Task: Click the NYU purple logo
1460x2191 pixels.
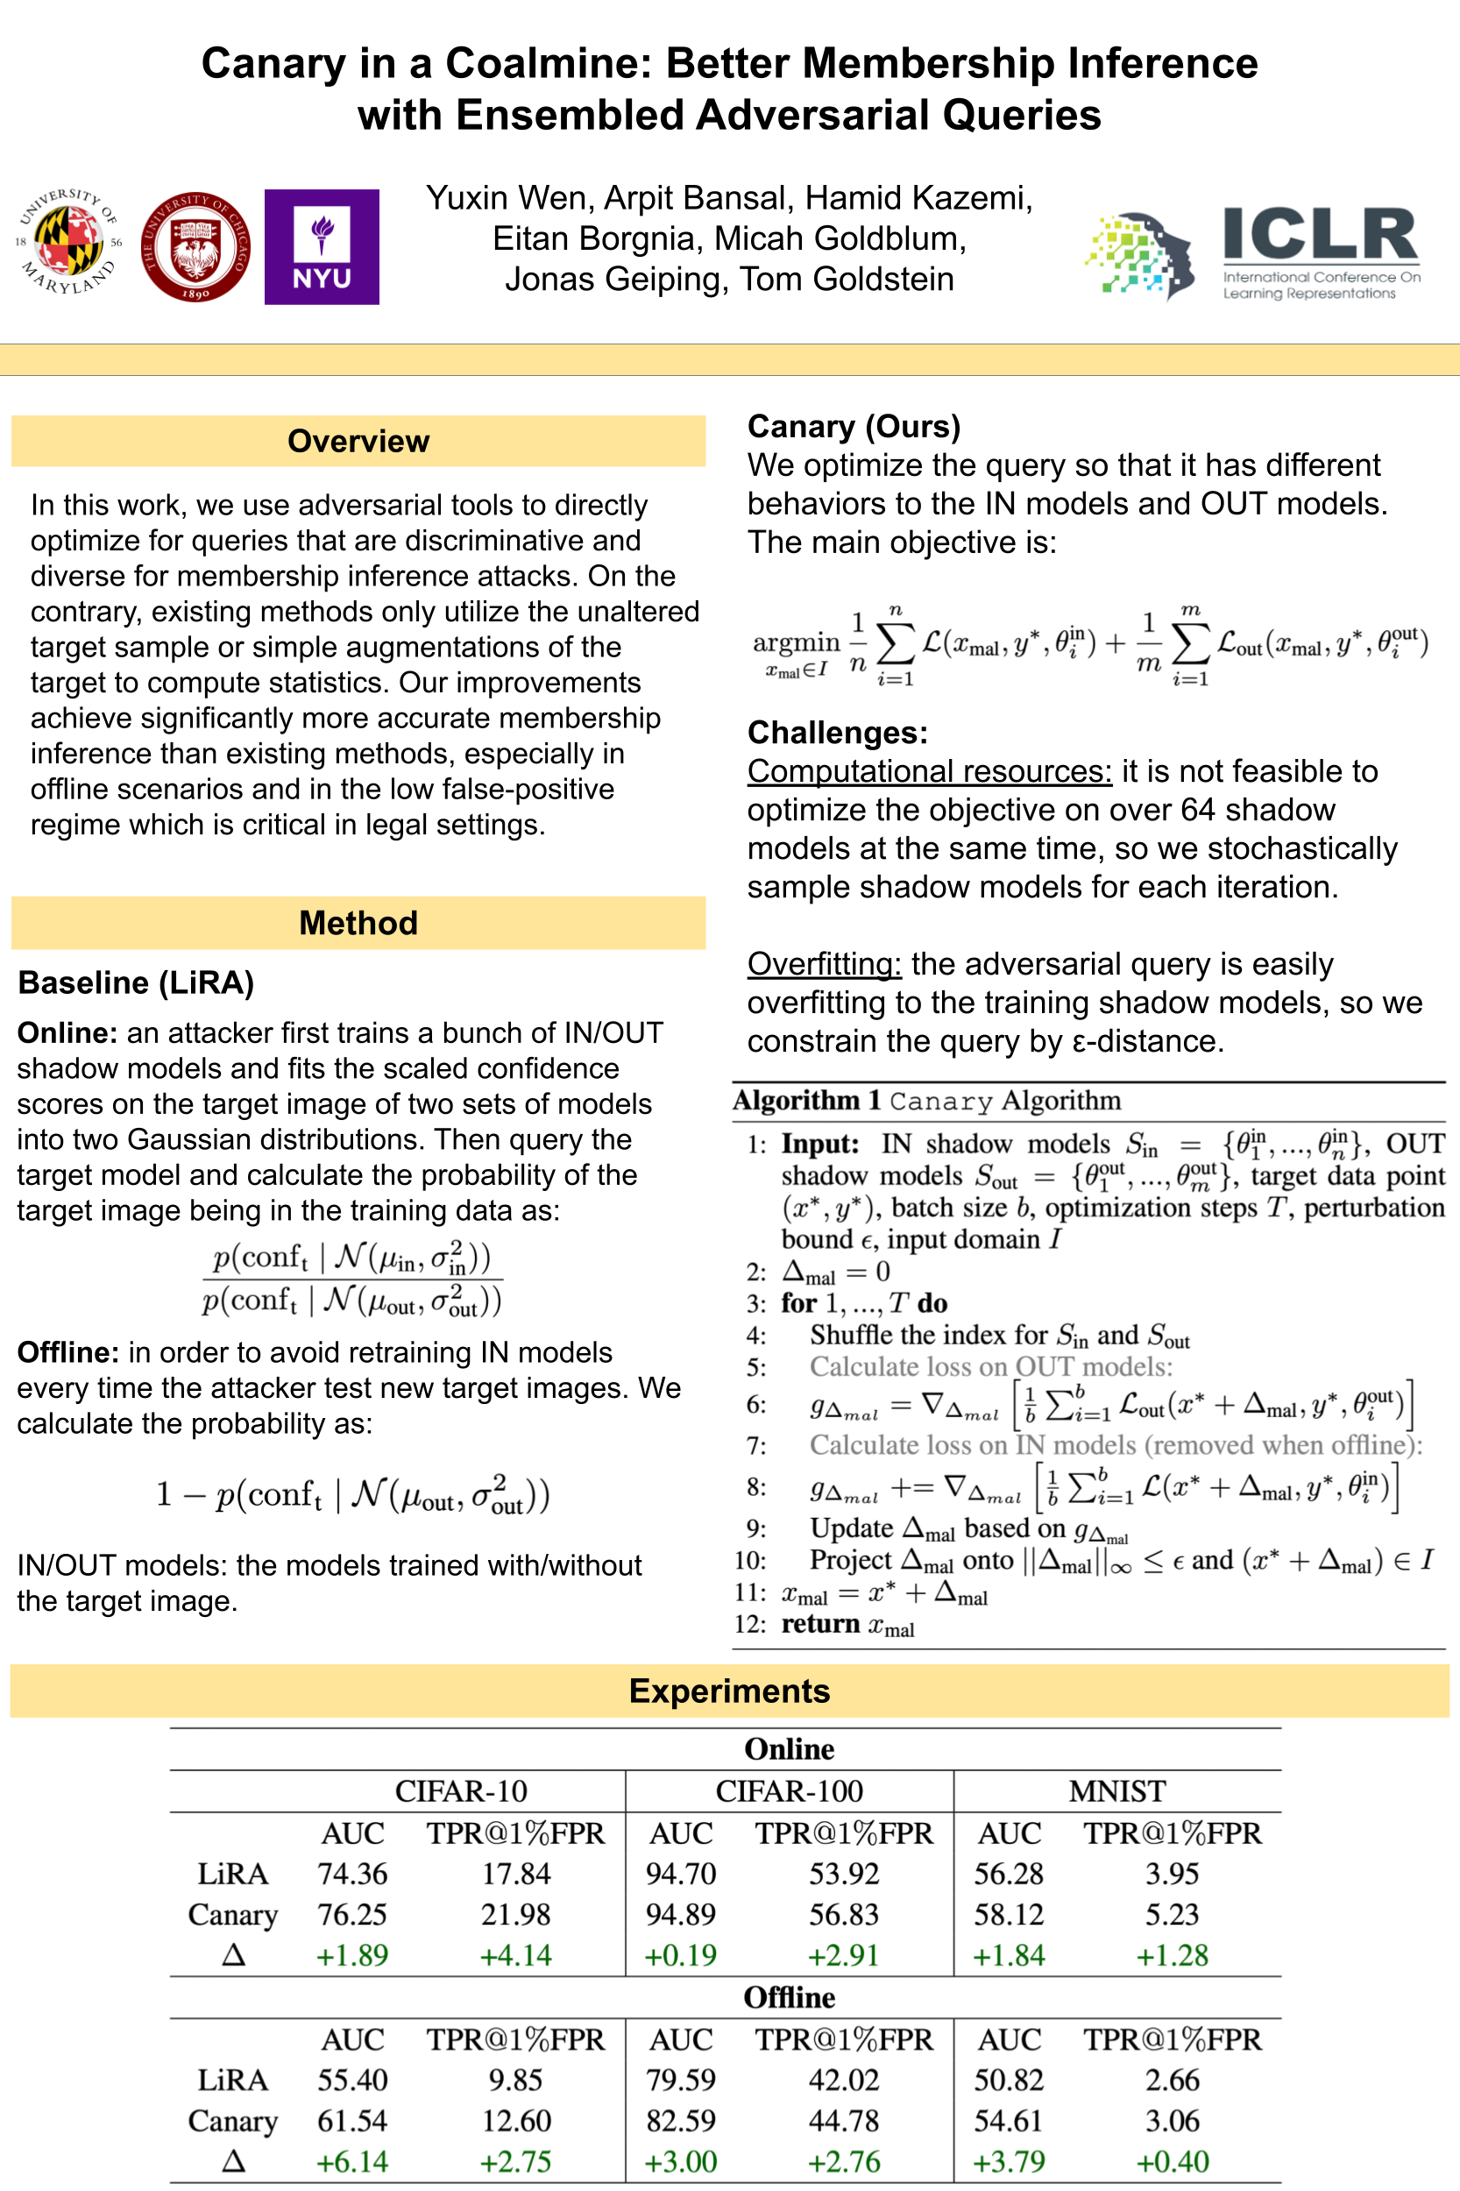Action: (x=322, y=247)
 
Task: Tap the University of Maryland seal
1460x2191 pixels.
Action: (x=70, y=241)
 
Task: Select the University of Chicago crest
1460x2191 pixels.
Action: (x=195, y=247)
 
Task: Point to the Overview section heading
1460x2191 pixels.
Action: (x=358, y=441)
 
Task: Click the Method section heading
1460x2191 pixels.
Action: (x=358, y=923)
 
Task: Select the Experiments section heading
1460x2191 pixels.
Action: (x=729, y=1690)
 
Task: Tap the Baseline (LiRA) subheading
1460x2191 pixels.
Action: (x=136, y=982)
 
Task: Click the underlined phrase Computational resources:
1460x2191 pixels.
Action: (x=928, y=771)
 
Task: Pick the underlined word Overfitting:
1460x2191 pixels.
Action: (x=823, y=964)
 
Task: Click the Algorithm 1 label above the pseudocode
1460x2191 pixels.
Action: (x=806, y=1101)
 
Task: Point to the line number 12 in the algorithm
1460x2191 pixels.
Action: (x=749, y=1624)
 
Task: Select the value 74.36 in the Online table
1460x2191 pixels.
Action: (x=353, y=1874)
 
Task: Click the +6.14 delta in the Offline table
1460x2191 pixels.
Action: (x=353, y=2161)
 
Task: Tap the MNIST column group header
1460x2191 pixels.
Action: (x=1116, y=1790)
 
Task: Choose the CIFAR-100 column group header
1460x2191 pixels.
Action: (x=789, y=1790)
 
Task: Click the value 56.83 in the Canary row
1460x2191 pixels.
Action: (x=844, y=1914)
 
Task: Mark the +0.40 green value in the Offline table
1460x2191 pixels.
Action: (x=1173, y=2161)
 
